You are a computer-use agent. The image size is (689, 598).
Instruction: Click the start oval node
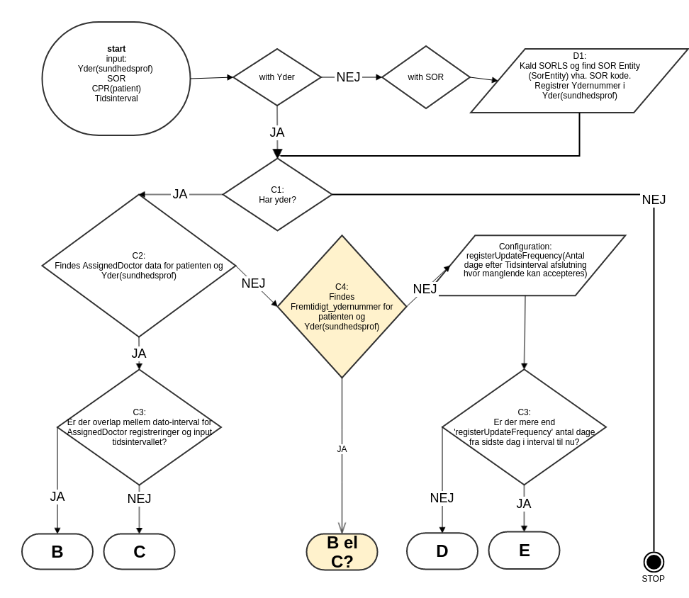[116, 78]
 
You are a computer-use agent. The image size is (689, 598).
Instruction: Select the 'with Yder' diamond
[277, 77]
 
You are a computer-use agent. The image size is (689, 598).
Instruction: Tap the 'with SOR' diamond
[426, 77]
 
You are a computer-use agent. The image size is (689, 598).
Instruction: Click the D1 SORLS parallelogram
[579, 81]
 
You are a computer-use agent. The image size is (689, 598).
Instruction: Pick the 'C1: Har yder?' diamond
[277, 194]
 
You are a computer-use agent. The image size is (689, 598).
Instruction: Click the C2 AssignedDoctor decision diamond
[139, 266]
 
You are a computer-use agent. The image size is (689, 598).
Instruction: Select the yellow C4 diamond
[342, 306]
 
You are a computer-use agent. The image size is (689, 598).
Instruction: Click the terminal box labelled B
[57, 551]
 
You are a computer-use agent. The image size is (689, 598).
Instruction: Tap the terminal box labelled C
[139, 551]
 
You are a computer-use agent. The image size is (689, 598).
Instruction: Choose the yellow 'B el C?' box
[342, 552]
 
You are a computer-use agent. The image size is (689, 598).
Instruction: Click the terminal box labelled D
[442, 551]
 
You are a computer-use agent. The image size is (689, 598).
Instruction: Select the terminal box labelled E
[524, 550]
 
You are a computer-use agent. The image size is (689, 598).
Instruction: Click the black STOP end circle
[654, 562]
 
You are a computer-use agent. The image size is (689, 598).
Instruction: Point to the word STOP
[654, 579]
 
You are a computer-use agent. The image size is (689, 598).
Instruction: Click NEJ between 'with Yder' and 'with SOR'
[348, 77]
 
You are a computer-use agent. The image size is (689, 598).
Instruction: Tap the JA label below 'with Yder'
[277, 132]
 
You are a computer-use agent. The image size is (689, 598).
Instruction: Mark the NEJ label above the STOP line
[654, 200]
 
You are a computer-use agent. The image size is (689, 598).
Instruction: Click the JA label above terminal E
[524, 504]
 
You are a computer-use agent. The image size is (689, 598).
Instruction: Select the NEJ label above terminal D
[442, 498]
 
